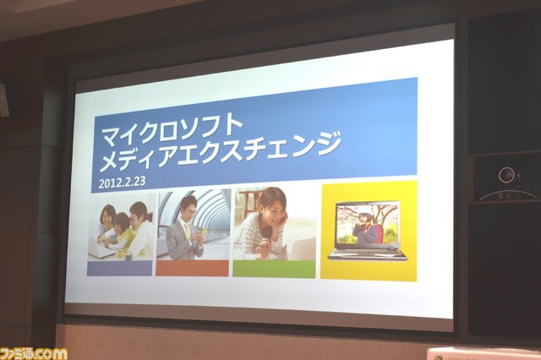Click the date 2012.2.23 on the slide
point(122,182)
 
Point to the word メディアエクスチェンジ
point(221,152)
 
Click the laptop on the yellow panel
point(368,231)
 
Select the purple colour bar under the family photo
point(119,268)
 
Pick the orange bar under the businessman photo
point(192,268)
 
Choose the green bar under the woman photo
point(274,269)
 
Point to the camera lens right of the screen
point(506,176)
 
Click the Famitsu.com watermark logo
point(34,354)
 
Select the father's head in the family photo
point(139,213)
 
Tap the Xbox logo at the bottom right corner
point(439,357)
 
